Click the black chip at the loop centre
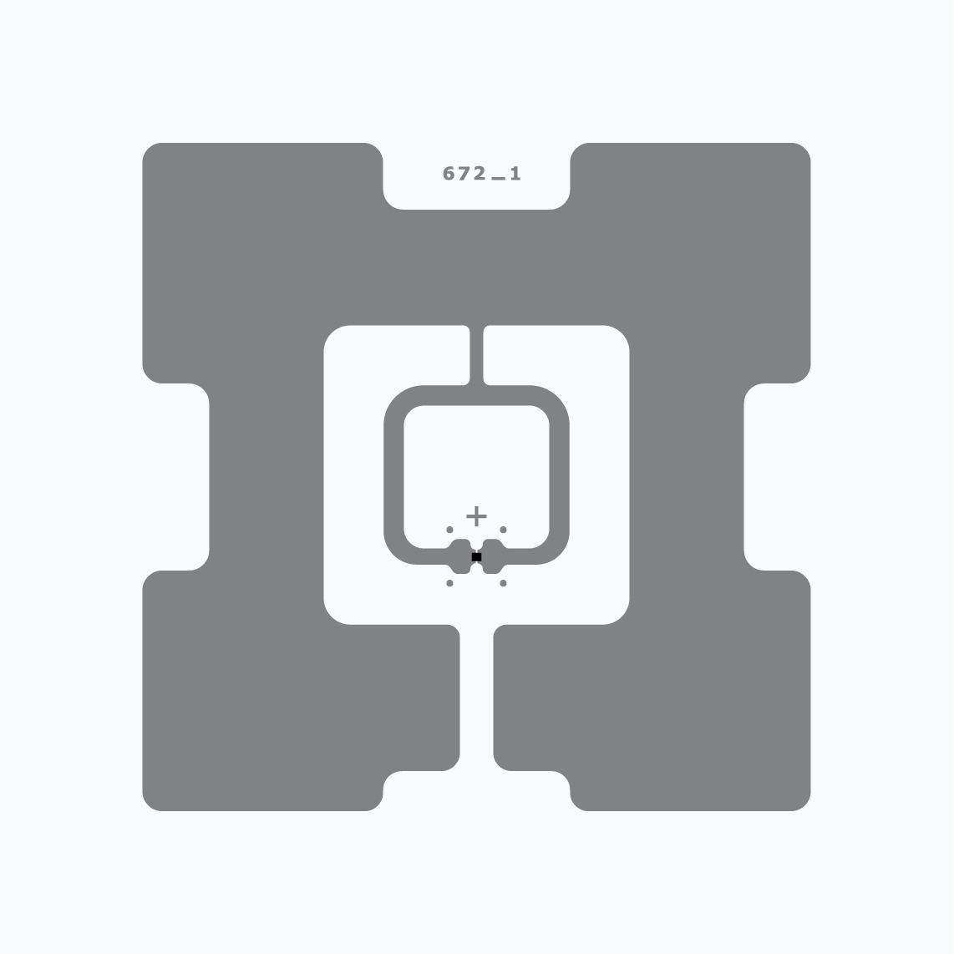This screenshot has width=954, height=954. click(x=476, y=556)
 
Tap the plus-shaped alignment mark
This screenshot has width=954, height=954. click(x=476, y=515)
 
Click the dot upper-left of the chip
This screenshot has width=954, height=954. click(x=449, y=530)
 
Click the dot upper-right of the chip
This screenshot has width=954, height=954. click(x=503, y=530)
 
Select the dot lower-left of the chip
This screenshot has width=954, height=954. click(x=449, y=583)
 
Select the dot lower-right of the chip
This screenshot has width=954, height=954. click(x=503, y=583)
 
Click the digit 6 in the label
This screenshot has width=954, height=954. click(x=449, y=174)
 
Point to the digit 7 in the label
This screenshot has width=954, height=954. click(x=464, y=174)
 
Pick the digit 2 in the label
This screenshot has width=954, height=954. click(x=479, y=174)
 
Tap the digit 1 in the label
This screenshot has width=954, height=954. click(x=515, y=174)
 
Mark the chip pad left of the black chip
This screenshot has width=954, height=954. click(x=462, y=556)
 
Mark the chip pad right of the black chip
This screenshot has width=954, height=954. click(x=491, y=556)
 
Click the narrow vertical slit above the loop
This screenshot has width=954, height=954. click(x=476, y=355)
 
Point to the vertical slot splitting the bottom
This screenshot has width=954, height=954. click(x=476, y=710)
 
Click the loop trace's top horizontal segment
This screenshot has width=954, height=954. click(x=476, y=395)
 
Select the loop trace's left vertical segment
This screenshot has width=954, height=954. click(x=393, y=476)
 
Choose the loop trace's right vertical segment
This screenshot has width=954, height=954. click(x=560, y=476)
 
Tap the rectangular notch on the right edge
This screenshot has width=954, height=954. click(x=777, y=476)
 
